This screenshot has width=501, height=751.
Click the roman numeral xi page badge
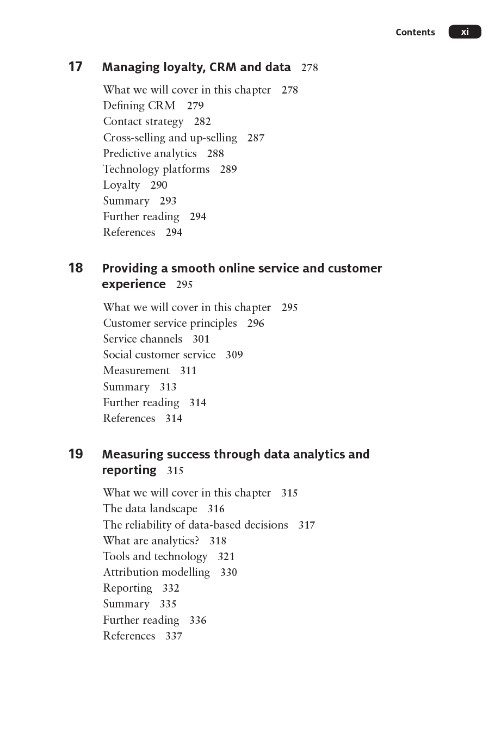[465, 32]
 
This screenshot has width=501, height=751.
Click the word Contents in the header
[415, 32]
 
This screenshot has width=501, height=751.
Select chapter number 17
[75, 67]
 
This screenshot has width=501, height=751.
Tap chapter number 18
[75, 268]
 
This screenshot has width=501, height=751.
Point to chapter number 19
[75, 454]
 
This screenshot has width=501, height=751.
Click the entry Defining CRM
[139, 105]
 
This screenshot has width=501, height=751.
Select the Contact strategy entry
[143, 121]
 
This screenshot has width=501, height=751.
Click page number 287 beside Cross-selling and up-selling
[256, 138]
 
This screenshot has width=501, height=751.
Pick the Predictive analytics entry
[150, 153]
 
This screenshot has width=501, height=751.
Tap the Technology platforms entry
[156, 169]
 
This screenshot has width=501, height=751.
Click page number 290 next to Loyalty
[159, 185]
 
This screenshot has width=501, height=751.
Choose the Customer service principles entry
[170, 323]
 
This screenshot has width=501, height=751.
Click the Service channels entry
[143, 339]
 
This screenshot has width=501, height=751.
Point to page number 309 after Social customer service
[234, 355]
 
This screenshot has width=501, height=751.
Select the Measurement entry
[136, 370]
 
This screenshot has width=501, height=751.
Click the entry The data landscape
[150, 508]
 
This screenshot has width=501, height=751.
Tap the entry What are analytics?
[151, 541]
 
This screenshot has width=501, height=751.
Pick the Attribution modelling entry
[156, 572]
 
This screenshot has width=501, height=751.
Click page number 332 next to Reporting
[171, 588]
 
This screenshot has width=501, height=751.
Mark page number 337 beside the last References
[174, 636]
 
